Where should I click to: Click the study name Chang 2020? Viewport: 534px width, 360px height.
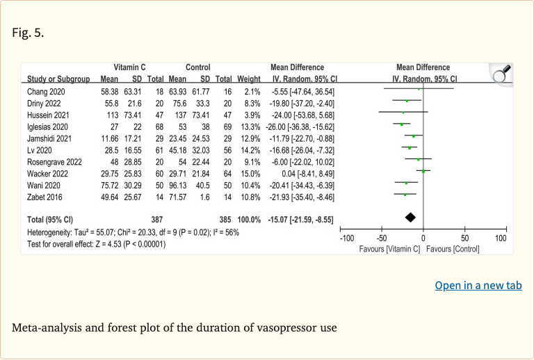(46, 92)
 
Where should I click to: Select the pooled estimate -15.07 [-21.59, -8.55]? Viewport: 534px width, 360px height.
(301, 220)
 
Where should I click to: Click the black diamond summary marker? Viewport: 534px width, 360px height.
(410, 218)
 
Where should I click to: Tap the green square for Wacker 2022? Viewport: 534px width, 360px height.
(423, 171)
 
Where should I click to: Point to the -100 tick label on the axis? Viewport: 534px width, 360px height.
(346, 238)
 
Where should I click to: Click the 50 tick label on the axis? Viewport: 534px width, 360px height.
(465, 238)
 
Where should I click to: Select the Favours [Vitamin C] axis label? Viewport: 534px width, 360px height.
(389, 249)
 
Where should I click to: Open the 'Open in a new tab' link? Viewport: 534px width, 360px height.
(478, 286)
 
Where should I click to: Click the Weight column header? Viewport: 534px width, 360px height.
(248, 79)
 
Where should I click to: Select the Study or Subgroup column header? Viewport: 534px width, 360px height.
(56, 79)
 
